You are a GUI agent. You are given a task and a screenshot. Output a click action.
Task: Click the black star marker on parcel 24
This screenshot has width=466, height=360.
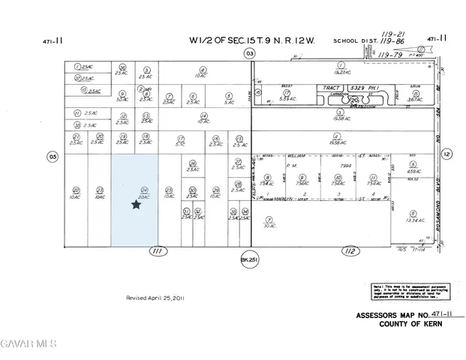[136, 204]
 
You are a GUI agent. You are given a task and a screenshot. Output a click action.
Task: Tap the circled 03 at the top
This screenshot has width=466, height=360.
[250, 53]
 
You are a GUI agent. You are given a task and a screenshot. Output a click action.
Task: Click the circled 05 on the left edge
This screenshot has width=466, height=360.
[53, 156]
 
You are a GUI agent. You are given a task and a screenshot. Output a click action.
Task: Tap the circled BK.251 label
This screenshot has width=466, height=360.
[249, 260]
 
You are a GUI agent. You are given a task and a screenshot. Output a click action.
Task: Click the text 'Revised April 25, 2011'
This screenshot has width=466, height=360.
[155, 298]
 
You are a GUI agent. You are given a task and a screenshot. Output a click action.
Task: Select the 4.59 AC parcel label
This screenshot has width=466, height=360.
[414, 171]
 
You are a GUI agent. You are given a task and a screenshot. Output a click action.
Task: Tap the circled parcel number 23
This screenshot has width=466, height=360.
[100, 190]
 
